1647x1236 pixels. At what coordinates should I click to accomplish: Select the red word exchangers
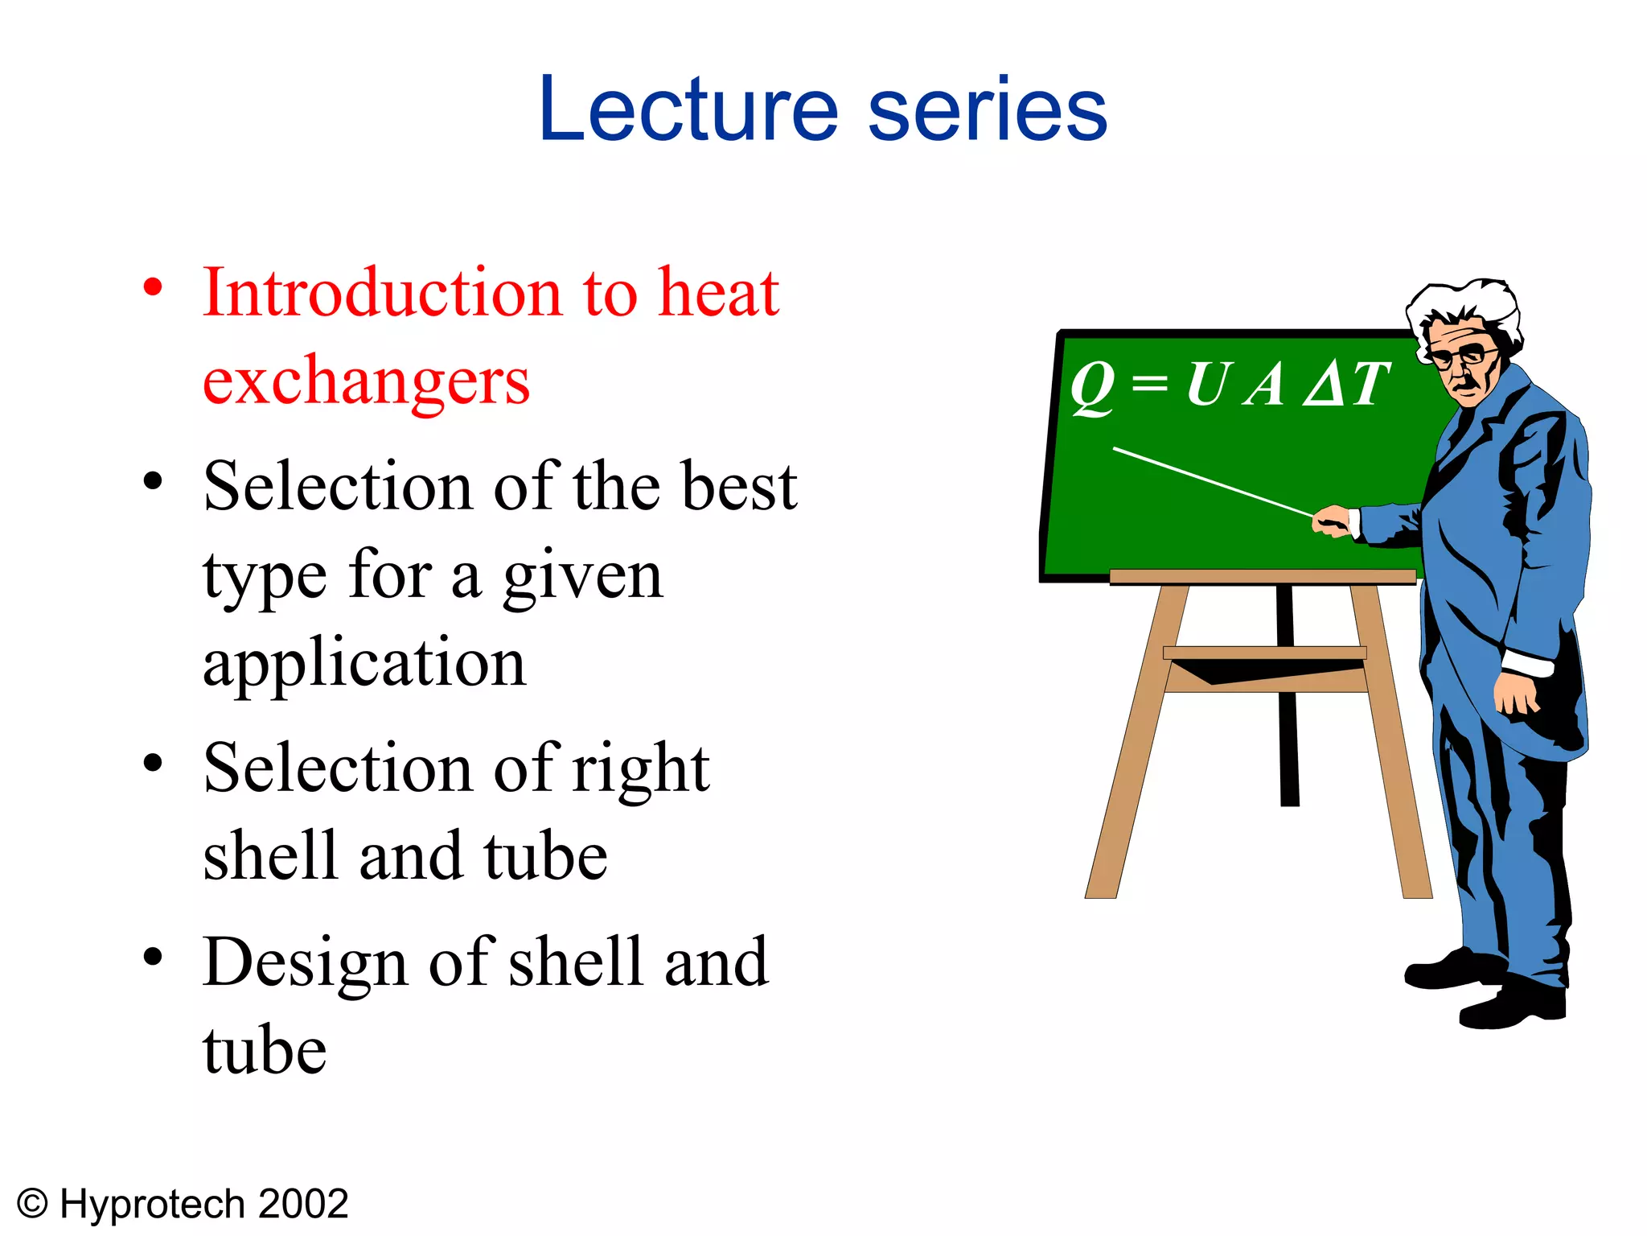(366, 381)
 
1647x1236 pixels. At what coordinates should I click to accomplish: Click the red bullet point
(153, 287)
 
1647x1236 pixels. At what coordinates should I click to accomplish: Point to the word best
(738, 487)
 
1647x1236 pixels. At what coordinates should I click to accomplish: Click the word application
(364, 664)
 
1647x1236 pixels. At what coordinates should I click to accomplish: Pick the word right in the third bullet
(640, 768)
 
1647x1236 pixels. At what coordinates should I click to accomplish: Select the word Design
(306, 962)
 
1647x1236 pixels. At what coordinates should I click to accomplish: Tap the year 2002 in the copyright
(303, 1205)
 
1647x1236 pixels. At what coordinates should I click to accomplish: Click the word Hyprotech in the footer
(153, 1205)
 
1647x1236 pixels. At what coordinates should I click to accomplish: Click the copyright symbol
(32, 1205)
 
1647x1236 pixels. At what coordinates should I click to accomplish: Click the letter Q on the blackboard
(1092, 386)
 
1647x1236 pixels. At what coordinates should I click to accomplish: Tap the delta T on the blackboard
(1346, 385)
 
